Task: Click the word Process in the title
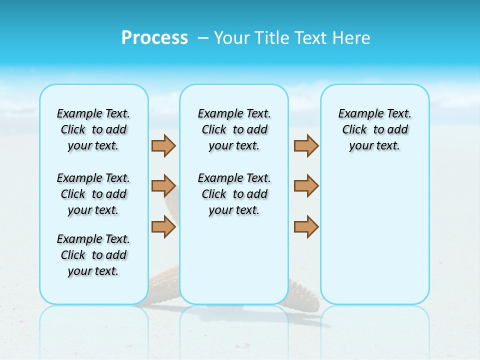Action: [154, 38]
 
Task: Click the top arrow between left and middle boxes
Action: [163, 145]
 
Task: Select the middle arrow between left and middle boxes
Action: [163, 186]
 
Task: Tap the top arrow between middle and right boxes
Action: [306, 145]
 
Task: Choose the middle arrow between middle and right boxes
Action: [306, 186]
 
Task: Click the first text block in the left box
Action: [93, 129]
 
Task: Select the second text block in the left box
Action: [93, 194]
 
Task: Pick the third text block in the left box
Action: [93, 255]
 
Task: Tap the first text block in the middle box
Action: [234, 129]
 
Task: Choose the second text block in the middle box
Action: [234, 194]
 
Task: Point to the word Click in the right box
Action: [354, 129]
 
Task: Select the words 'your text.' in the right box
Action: [374, 146]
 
